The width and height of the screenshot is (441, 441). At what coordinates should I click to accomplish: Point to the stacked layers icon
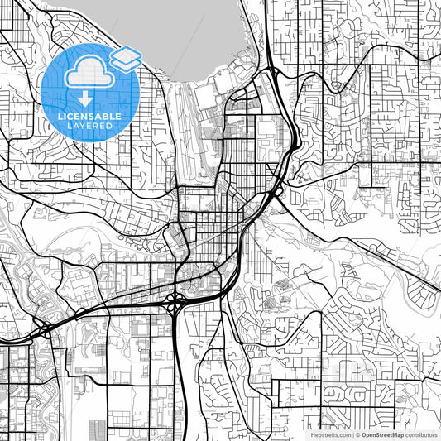[125, 57]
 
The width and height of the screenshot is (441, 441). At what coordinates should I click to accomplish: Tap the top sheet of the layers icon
[125, 52]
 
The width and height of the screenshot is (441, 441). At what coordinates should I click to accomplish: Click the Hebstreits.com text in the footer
[329, 434]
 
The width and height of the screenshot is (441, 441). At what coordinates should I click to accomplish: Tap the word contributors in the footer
[420, 434]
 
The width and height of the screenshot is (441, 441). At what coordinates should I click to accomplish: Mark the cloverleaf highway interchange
[175, 304]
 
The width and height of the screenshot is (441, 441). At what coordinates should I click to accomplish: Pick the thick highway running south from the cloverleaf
[178, 372]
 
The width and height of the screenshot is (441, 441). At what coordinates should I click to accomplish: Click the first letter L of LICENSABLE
[59, 117]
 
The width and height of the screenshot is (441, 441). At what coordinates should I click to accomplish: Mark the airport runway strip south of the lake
[188, 132]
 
